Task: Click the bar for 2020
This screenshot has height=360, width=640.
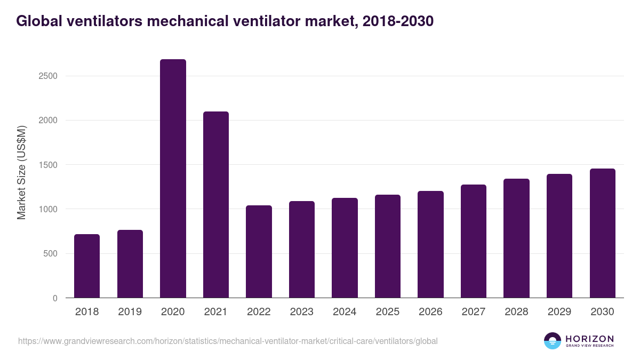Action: click(173, 179)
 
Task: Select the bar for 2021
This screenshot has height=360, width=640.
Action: click(216, 205)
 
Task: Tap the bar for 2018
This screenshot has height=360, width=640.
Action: click(87, 266)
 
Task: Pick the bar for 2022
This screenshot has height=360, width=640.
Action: click(259, 252)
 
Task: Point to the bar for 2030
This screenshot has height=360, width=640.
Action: click(603, 233)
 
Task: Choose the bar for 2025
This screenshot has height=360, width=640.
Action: click(388, 246)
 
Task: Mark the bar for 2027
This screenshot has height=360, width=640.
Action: click(474, 241)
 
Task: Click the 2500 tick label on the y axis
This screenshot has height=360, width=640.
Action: click(49, 76)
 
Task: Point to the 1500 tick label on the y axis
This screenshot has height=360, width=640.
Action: click(49, 165)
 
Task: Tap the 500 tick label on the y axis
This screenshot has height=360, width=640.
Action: click(51, 254)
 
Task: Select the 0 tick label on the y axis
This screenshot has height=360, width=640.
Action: click(55, 298)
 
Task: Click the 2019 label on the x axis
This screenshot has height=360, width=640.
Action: click(130, 312)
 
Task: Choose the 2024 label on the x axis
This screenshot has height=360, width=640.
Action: click(345, 312)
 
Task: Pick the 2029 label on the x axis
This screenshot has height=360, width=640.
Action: click(559, 312)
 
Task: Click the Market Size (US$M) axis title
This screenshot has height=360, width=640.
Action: click(21, 172)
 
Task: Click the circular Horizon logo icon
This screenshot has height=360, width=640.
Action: click(552, 341)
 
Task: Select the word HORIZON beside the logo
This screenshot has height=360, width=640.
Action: click(589, 338)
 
